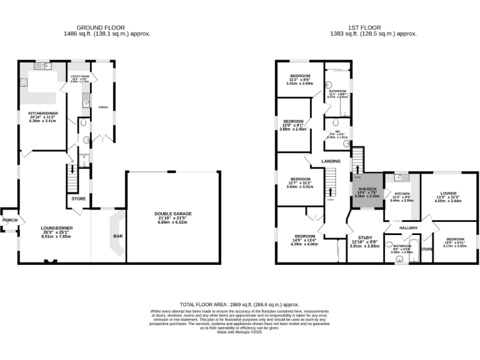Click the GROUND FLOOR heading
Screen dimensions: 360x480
click(101, 27)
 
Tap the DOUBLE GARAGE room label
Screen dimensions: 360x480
click(173, 214)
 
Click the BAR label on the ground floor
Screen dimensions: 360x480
click(117, 237)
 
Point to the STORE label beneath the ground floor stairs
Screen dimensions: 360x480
click(79, 199)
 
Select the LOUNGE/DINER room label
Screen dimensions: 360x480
click(57, 228)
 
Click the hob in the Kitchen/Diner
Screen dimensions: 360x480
click(24, 81)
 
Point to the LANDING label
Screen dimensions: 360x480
click(331, 161)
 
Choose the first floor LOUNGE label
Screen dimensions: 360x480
click(448, 194)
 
